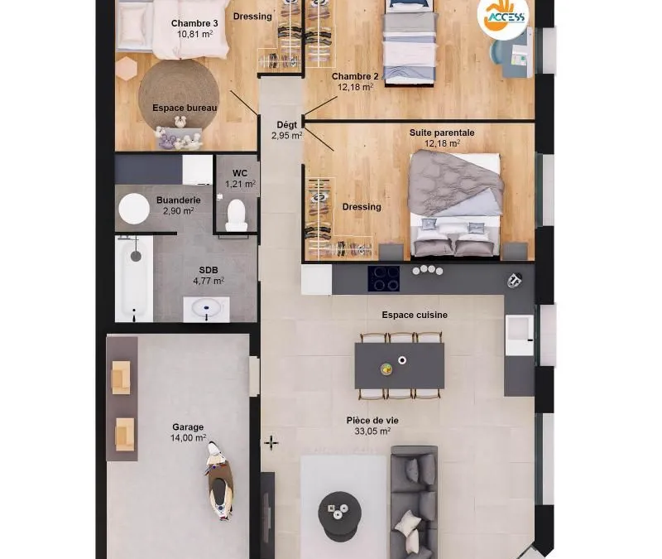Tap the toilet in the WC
[x=237, y=215]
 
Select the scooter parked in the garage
[x=219, y=481]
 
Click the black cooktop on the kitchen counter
[x=383, y=278]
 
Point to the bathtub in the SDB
[x=134, y=279]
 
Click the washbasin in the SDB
[x=206, y=309]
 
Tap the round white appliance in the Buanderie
[x=134, y=209]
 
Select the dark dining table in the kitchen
[x=400, y=366]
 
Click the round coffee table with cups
[x=339, y=516]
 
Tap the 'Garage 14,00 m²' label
[x=188, y=432]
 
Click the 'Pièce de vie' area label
[x=372, y=421]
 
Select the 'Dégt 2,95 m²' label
[x=286, y=130]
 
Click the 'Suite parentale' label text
[x=442, y=133]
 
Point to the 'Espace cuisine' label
[x=415, y=315]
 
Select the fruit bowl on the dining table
[x=386, y=369]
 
